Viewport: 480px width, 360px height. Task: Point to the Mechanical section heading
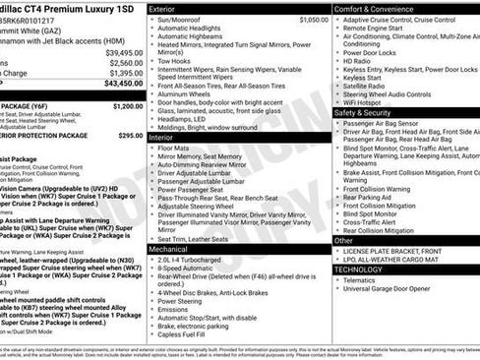pyautogui.click(x=169, y=250)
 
